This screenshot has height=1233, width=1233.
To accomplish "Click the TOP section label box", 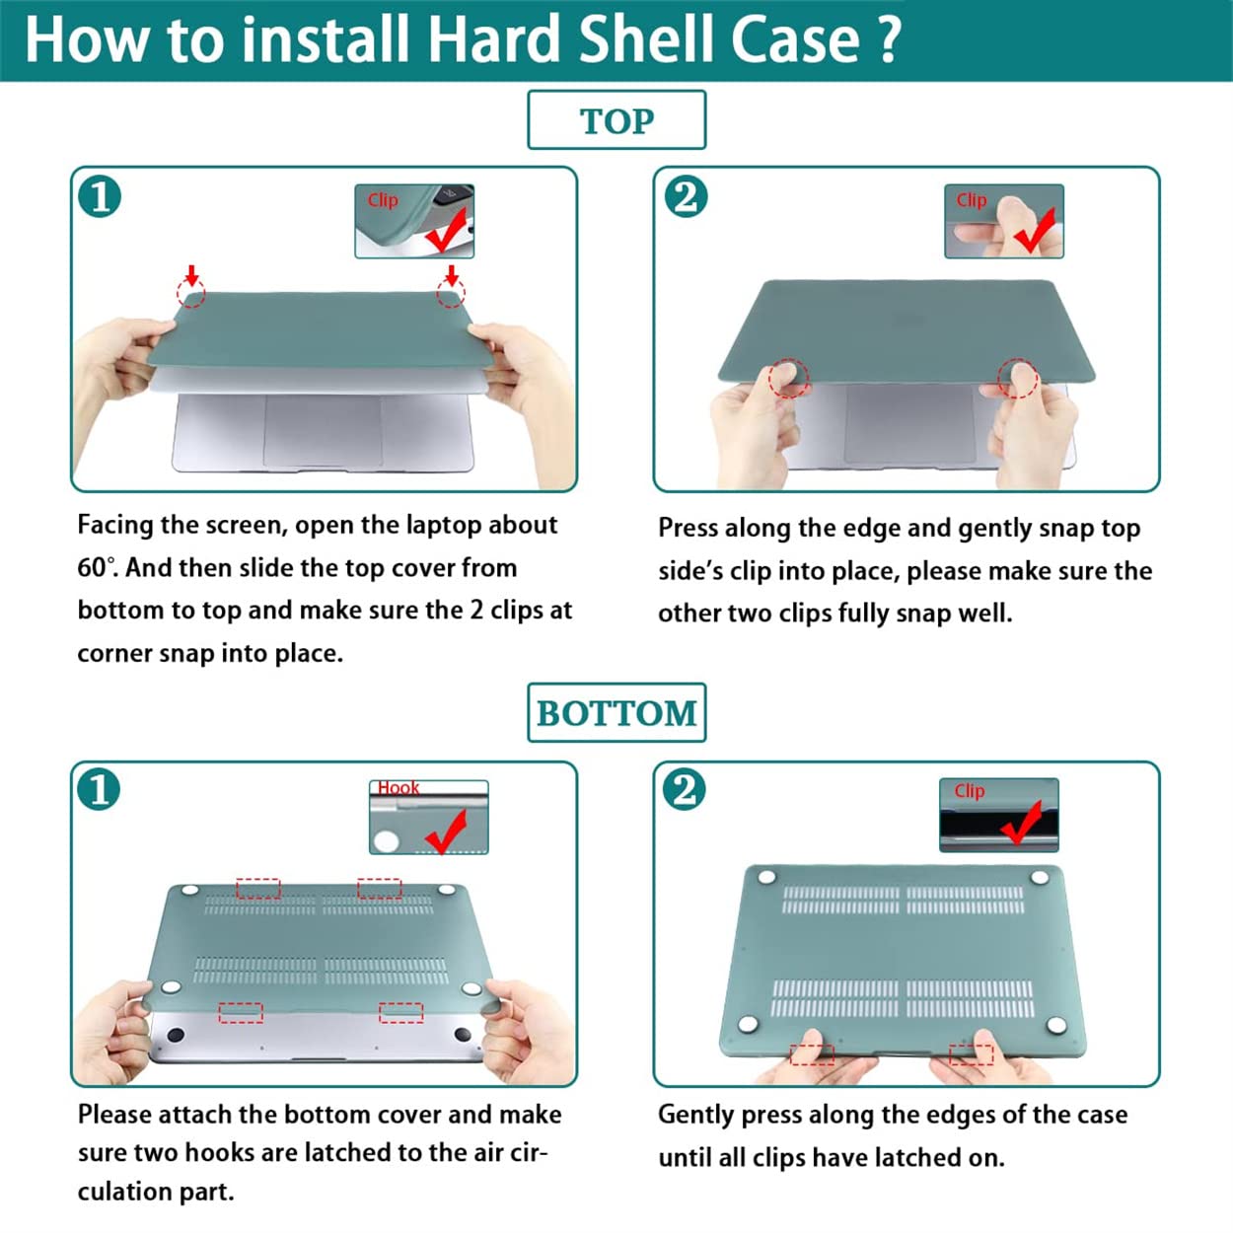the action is point(616,119).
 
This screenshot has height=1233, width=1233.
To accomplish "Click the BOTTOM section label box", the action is point(616,712).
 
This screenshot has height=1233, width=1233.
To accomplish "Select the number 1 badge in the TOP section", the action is point(100,196).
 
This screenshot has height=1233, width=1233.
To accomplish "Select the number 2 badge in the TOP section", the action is point(686,196).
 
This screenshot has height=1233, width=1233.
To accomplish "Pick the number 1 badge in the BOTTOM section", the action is point(99,789).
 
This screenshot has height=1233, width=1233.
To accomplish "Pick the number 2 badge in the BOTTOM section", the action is point(684,789).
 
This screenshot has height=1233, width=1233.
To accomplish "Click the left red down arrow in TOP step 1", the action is point(191,276).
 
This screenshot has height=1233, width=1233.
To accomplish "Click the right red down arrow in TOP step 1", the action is point(452,276).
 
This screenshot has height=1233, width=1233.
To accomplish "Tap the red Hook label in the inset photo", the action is point(398,788).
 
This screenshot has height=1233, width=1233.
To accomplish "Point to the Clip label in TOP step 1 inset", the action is point(383,200).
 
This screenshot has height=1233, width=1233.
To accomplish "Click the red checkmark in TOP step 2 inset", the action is point(1034,231).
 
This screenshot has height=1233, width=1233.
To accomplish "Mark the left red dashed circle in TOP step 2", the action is point(789,378).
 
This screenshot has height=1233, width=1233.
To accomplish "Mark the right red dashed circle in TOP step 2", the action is point(1017,378).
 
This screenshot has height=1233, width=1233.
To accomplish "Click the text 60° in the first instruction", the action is point(98,567).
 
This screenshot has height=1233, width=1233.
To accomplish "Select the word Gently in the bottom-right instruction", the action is point(696,1116).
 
